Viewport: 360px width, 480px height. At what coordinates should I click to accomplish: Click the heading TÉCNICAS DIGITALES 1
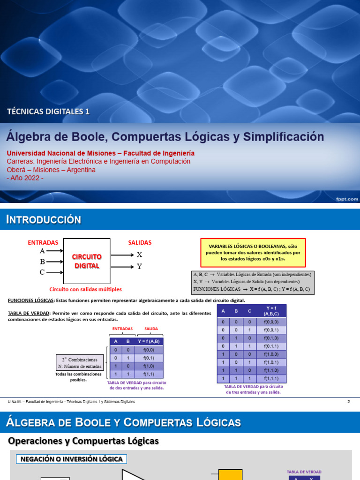pos(48,112)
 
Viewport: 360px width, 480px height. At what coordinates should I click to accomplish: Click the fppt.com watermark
pos(347,199)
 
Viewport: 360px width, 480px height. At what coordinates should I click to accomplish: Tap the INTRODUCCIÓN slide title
pos(44,219)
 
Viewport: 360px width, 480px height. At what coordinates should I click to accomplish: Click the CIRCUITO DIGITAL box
pos(87,261)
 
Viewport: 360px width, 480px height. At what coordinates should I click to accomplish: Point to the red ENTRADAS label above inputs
pos(43,242)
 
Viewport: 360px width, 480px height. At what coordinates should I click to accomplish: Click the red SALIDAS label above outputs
pos(140,242)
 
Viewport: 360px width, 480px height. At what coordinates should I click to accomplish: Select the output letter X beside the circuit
pos(139,255)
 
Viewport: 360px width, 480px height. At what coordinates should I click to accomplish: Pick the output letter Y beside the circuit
pos(139,267)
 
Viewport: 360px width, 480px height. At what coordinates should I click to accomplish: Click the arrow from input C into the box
pos(55,272)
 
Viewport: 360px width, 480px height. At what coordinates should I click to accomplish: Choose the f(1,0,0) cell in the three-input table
pos(272,354)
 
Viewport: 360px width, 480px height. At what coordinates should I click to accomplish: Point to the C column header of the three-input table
pos(249,310)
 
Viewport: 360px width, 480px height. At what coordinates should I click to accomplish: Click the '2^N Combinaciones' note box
pos(78,362)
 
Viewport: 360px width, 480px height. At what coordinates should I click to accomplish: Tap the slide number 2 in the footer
pos(348,402)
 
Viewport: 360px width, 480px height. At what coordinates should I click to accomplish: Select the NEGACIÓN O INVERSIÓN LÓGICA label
pos(72,459)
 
